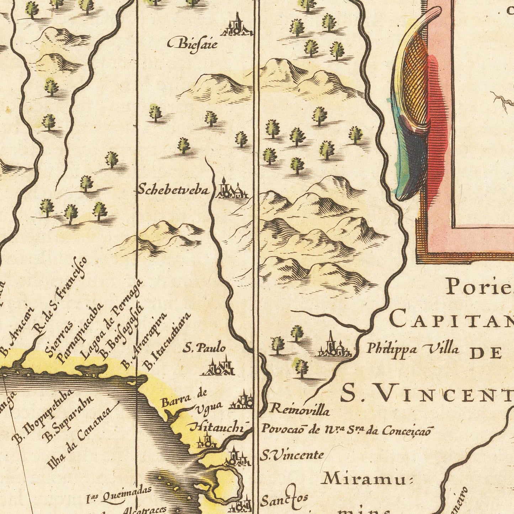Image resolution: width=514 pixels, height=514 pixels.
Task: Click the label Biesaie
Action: point(192,44)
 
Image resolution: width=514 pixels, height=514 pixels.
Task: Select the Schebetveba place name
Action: point(173,190)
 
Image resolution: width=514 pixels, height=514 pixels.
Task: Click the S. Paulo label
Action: point(204,347)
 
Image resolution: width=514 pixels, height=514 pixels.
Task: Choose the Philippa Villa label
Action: point(413,349)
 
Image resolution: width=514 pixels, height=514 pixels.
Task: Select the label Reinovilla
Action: point(300,410)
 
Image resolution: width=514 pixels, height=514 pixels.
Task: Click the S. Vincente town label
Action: point(292,455)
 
